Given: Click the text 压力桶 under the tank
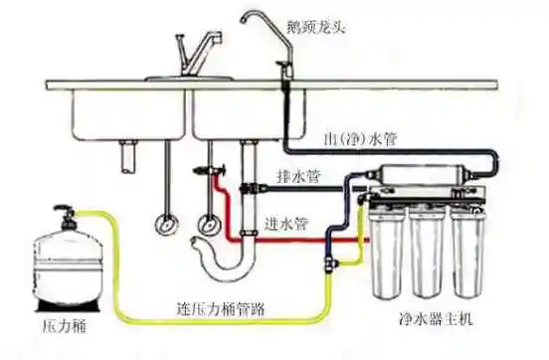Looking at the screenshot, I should [63, 324].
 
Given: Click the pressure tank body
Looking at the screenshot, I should [66, 264].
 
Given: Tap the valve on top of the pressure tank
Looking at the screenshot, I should [66, 213].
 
